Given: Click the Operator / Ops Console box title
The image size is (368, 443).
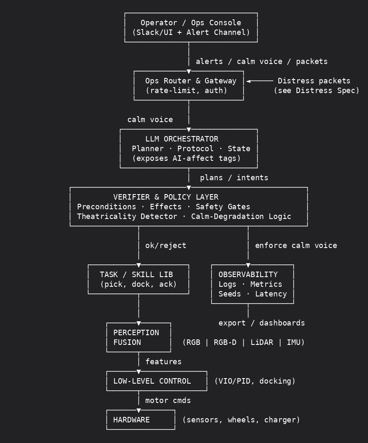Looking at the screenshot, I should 191,23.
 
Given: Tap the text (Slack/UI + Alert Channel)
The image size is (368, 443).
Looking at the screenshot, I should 191,32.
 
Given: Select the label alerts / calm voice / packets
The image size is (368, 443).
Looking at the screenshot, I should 261,61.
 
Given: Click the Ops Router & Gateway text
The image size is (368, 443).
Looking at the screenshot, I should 191,81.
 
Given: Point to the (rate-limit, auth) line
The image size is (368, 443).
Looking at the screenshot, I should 186,91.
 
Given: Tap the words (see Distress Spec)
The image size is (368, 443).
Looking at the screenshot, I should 316,91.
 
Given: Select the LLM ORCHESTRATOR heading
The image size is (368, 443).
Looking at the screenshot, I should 181,139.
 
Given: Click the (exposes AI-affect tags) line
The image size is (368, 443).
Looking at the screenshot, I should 186,158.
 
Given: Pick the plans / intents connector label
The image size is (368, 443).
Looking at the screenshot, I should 234,178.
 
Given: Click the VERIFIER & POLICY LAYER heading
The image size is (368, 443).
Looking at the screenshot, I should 165,197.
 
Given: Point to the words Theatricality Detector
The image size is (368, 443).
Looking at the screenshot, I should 127,216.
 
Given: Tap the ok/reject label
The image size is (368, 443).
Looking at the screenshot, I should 165,246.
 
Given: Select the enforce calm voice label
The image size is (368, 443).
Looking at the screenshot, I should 296,246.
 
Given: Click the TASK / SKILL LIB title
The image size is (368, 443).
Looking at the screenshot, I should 136,275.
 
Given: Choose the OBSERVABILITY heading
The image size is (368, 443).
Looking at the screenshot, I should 248,275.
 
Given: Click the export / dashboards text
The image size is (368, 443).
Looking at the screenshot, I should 261,323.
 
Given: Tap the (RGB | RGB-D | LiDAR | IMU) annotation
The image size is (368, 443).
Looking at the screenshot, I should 243,342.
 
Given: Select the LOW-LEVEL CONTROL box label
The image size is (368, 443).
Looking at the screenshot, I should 152,381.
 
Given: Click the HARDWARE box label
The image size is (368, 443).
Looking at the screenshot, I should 131,420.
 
